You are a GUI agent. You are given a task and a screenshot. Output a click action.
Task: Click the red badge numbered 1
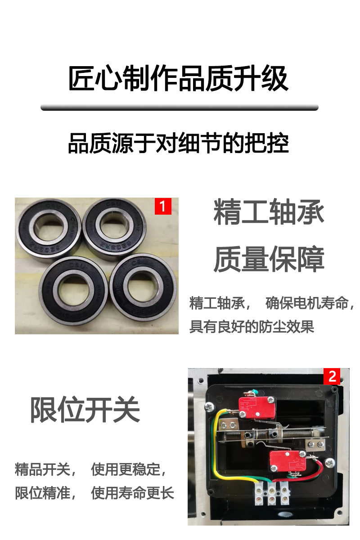(x=163, y=206)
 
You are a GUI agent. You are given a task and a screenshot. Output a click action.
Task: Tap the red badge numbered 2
(x=332, y=376)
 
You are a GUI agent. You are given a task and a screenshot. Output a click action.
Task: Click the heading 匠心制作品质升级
(x=179, y=79)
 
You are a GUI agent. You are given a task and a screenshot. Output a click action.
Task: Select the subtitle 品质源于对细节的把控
(x=179, y=143)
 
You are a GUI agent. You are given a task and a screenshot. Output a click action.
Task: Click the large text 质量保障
(x=269, y=259)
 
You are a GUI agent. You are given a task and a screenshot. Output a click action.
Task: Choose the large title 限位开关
(x=85, y=409)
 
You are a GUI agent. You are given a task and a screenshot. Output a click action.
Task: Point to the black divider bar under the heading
(x=180, y=108)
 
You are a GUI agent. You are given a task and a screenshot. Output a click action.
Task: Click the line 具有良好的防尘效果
(x=252, y=327)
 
